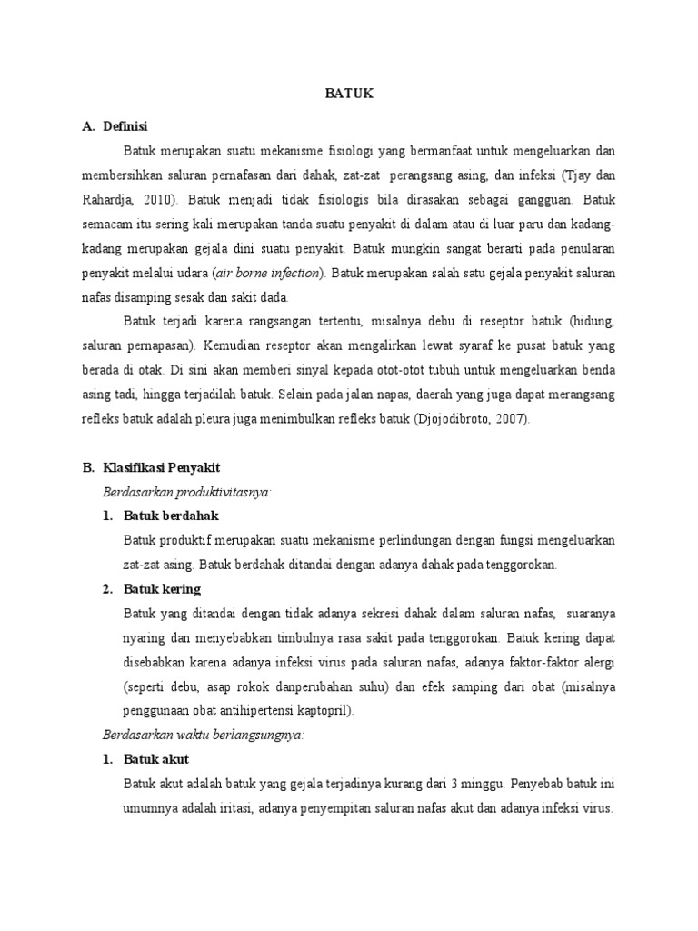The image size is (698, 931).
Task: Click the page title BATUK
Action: [x=350, y=94]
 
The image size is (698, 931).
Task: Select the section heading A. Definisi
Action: [x=116, y=125]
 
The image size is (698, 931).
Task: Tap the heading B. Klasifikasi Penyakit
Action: [x=151, y=467]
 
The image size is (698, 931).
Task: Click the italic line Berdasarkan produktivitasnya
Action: [x=186, y=492]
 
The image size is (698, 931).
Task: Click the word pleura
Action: [x=229, y=419]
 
